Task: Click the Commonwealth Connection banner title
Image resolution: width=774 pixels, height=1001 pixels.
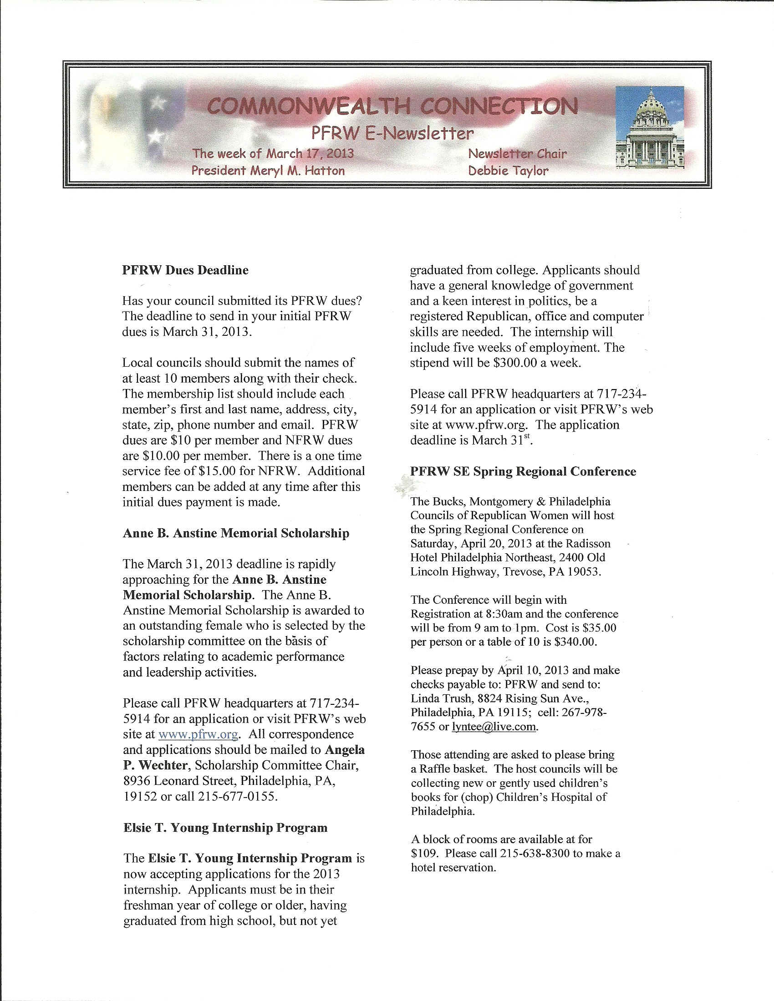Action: tap(392, 106)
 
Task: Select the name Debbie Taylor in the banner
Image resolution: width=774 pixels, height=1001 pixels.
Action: tap(508, 171)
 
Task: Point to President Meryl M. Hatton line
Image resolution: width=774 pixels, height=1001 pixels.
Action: tap(268, 171)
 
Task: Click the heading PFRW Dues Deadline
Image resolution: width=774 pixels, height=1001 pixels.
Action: tap(185, 270)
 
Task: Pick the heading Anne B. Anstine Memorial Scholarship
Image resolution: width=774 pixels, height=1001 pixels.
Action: tap(236, 533)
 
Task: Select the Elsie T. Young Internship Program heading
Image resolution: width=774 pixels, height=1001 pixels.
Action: tap(225, 828)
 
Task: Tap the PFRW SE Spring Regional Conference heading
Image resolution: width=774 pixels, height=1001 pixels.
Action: tap(523, 472)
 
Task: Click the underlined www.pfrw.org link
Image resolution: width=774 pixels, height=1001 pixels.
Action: tap(198, 734)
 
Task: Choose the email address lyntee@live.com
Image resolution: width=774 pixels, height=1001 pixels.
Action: tap(494, 727)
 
